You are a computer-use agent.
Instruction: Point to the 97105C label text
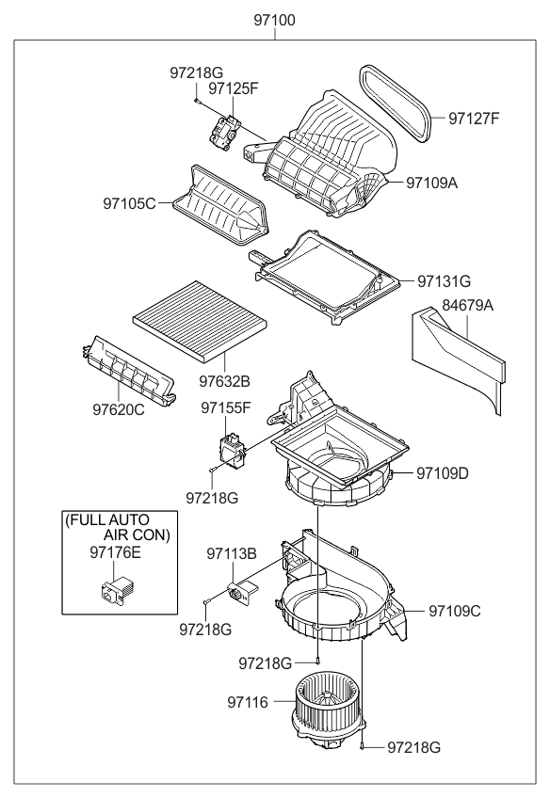click(x=130, y=201)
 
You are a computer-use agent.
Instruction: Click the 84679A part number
click(x=469, y=305)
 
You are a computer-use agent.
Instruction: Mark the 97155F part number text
click(x=225, y=407)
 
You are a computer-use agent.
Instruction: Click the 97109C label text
click(x=455, y=610)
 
